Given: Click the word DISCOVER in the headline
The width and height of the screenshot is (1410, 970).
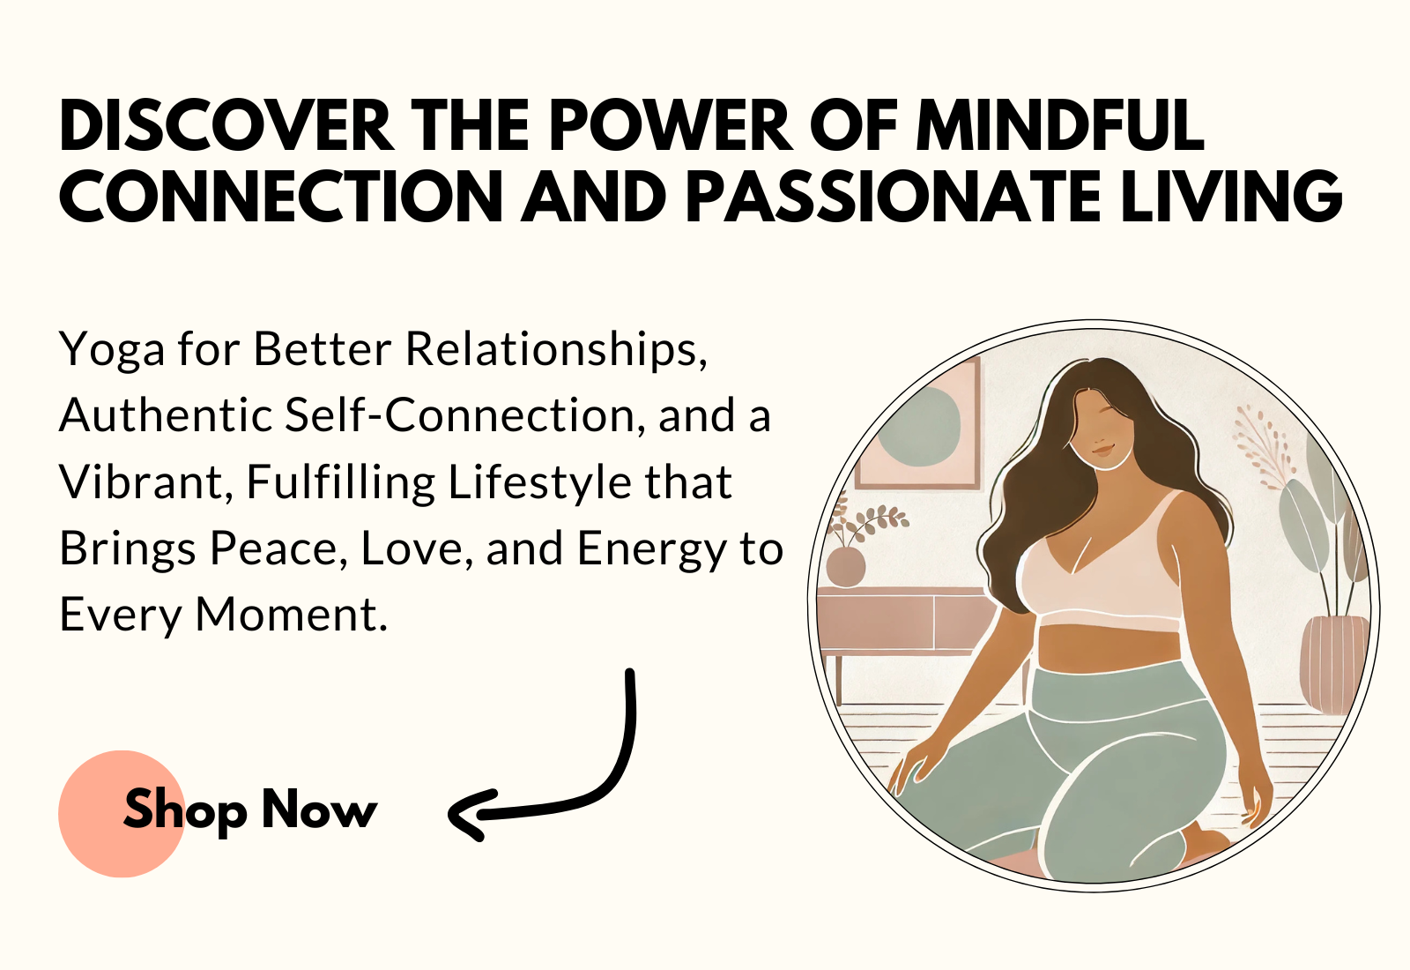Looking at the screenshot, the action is [x=226, y=125].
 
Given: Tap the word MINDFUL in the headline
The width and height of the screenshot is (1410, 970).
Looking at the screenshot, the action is [x=1061, y=125].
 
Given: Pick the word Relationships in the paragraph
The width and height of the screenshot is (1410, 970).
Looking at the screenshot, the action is [x=556, y=348].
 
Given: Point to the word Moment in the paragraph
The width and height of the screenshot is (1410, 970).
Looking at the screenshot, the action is [x=292, y=615].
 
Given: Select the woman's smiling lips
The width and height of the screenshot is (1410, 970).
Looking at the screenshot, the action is [x=1102, y=450].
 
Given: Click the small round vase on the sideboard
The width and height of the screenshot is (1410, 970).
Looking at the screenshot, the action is [x=845, y=566].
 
